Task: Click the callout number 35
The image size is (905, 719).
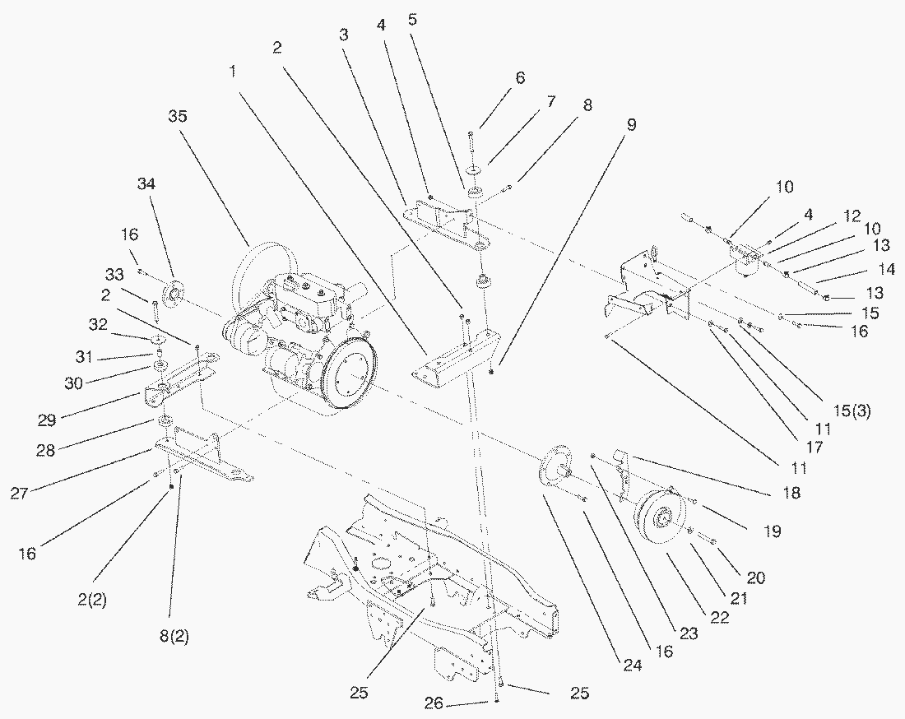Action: tap(177, 116)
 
